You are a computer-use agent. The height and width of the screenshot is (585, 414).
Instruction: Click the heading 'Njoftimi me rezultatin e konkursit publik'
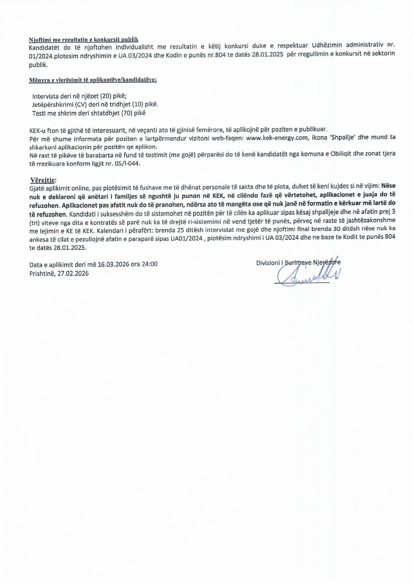click(83, 40)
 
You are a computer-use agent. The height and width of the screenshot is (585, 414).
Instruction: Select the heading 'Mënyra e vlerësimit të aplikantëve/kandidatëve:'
click(93, 80)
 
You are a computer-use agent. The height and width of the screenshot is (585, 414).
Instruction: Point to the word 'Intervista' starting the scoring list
click(46, 96)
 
